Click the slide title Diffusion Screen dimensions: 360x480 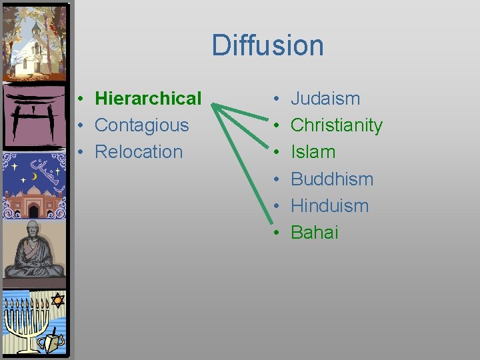click(267, 45)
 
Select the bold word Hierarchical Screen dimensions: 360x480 click(148, 99)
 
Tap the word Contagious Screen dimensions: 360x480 click(142, 125)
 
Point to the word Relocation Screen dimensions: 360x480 click(139, 152)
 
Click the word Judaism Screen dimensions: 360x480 click(325, 99)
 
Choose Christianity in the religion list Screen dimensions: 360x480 click(337, 125)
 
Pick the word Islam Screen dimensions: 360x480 click(313, 152)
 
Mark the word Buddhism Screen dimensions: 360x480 click(332, 179)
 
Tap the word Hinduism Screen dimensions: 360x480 click(330, 205)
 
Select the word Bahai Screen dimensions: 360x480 click(315, 232)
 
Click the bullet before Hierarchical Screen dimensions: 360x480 click(79, 99)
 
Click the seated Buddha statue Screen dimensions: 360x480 click(34, 250)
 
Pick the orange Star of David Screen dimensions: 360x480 click(57, 300)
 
